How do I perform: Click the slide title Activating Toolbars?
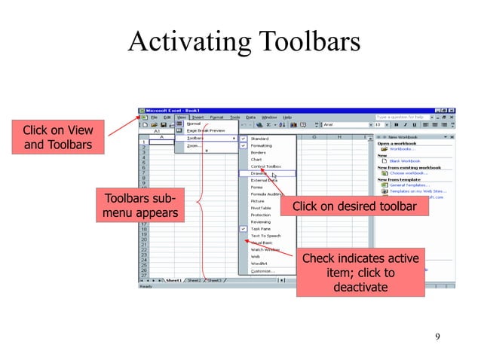point(244,41)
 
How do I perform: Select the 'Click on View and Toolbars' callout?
point(59,137)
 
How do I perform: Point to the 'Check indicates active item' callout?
point(360,273)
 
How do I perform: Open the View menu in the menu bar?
point(182,117)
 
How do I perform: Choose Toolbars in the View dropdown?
point(196,139)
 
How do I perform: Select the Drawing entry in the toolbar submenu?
point(259,173)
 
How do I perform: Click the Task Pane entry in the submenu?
point(261,228)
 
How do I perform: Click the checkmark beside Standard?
point(244,139)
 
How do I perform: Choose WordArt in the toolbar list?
point(260,264)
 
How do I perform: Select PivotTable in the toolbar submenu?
point(261,208)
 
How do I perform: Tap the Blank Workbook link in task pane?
point(406,160)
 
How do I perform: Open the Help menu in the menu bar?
point(287,117)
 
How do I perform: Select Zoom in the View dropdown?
point(194,145)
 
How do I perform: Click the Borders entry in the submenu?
point(259,152)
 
